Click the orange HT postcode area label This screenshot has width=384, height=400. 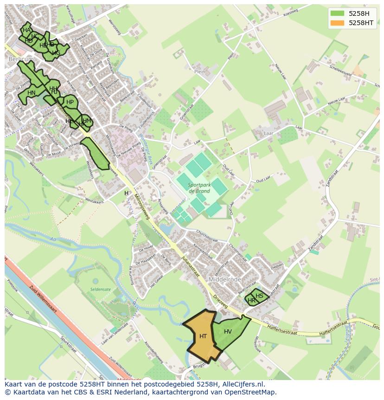203,336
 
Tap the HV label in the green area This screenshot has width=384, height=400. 228,332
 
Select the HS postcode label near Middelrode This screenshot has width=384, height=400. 259,296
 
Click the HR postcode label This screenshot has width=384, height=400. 251,301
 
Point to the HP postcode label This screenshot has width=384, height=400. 70,102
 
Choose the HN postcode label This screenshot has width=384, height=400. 32,93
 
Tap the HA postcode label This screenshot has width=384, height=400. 26,30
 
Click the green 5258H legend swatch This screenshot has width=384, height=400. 337,13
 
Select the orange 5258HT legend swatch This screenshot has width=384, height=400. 337,22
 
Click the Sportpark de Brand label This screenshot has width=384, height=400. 200,187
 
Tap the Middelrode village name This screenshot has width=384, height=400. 224,280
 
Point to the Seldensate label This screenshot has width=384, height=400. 101,289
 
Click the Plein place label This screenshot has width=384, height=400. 199,72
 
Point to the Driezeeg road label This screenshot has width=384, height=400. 220,301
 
